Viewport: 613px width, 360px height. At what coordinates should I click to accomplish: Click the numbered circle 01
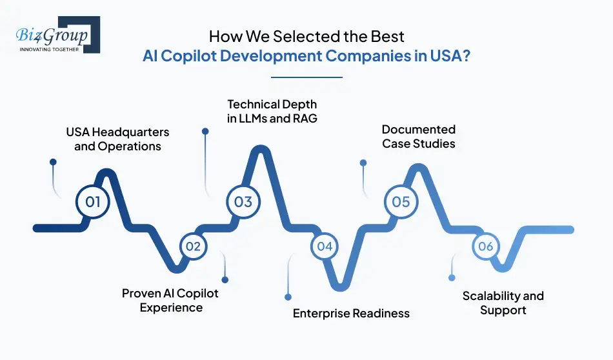click(x=93, y=202)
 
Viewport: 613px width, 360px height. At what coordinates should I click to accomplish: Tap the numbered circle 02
click(x=193, y=246)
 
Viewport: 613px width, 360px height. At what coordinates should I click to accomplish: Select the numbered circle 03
click(x=243, y=202)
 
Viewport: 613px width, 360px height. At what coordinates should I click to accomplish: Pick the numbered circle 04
click(x=325, y=246)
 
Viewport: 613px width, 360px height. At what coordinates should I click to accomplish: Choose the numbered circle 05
click(x=401, y=202)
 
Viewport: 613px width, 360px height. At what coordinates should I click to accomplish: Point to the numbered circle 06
click(x=486, y=246)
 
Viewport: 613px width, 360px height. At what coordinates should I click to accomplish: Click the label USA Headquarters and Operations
click(x=117, y=139)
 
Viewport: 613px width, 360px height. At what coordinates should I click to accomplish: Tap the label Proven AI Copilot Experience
click(x=170, y=301)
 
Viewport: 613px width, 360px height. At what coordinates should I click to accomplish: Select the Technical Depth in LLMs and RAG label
click(x=272, y=111)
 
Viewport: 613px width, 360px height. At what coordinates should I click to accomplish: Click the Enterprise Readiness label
click(x=351, y=314)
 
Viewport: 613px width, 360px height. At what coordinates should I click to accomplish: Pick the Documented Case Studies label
click(x=419, y=137)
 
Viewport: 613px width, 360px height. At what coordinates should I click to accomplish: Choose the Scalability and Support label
click(x=503, y=303)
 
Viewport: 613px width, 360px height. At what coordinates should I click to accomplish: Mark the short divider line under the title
click(x=306, y=77)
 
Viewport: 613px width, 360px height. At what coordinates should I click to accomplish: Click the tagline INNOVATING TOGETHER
click(x=49, y=49)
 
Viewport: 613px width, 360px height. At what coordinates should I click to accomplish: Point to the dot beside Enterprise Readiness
click(x=287, y=297)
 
